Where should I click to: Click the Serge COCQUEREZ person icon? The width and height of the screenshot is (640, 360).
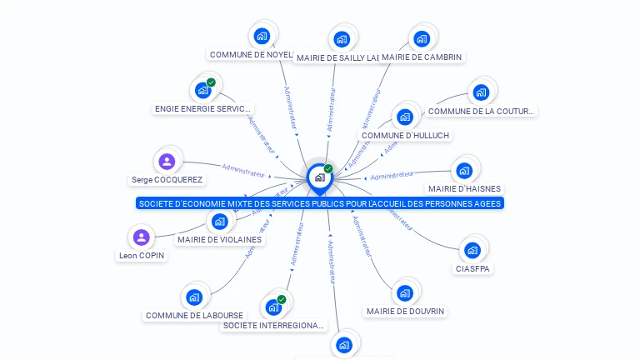tap(167, 161)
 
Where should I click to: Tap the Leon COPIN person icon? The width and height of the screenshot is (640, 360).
tap(142, 237)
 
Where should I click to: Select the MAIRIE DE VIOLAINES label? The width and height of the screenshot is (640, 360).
tap(219, 240)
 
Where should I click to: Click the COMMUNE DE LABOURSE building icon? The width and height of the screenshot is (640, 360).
tap(194, 297)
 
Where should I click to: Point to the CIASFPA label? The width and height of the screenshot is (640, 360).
tap(473, 268)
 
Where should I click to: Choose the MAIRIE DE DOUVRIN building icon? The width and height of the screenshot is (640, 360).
tap(404, 292)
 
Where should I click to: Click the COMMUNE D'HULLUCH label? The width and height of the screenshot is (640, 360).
tap(405, 135)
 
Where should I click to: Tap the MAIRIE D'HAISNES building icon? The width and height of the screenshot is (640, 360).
tap(464, 170)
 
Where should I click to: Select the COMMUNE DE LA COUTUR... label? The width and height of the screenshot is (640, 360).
tap(481, 111)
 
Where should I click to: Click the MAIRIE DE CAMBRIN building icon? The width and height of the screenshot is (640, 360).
tap(421, 38)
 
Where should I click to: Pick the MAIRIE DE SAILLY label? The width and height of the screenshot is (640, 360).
tap(337, 57)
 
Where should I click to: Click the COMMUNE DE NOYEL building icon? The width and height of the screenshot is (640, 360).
tap(262, 36)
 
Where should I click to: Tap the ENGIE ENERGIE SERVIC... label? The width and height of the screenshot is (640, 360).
tap(202, 108)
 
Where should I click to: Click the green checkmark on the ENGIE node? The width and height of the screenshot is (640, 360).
tap(211, 82)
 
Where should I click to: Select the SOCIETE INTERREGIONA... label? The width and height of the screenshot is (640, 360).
tap(273, 325)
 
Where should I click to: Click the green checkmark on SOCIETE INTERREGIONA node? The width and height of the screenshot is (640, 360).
tap(282, 299)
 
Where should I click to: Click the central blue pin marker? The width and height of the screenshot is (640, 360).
tap(319, 177)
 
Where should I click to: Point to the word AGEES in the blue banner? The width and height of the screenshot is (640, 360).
tap(487, 203)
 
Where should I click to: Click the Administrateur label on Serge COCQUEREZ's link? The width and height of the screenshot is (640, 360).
tap(243, 171)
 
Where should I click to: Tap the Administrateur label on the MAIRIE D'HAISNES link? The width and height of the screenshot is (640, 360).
tap(392, 175)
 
